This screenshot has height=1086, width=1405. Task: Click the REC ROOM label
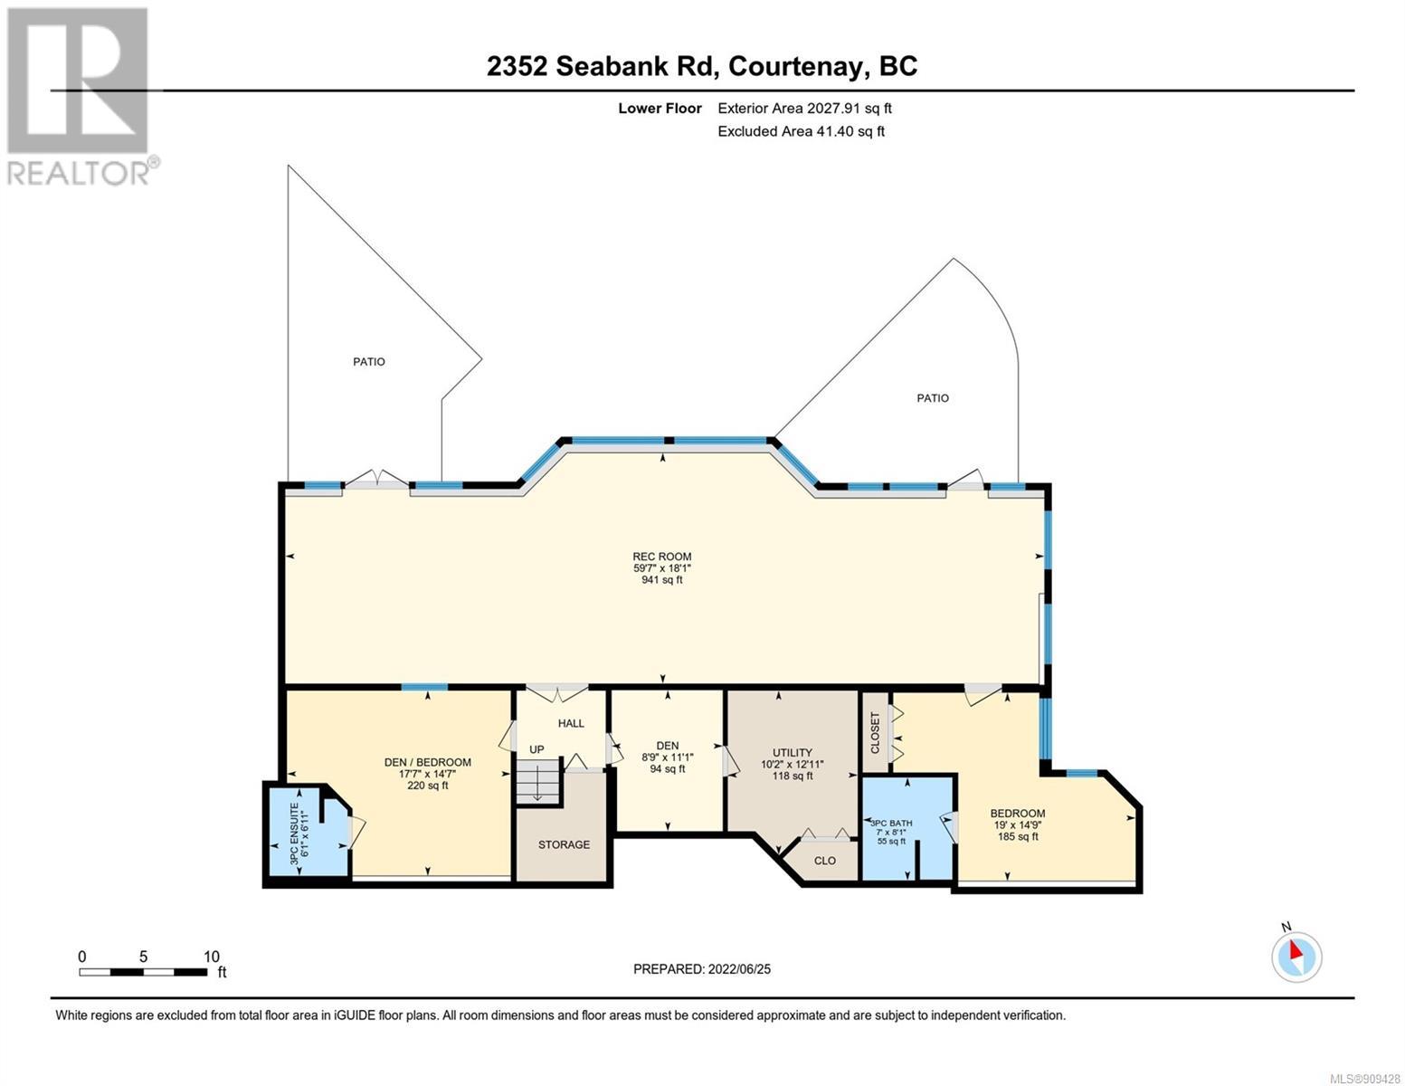pos(661,557)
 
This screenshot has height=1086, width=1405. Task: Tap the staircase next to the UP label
pos(536,781)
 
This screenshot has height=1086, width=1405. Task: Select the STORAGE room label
pos(564,844)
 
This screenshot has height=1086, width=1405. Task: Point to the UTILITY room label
pos(792,752)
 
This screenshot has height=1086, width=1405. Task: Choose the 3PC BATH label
pos(891,824)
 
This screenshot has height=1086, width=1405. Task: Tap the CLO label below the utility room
pos(824,861)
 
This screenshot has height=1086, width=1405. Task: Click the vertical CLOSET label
pos(876,733)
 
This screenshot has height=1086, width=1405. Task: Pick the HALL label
pos(571,723)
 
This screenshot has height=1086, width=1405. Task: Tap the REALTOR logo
pos(81,97)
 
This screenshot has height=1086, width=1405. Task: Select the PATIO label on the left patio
pos(368,362)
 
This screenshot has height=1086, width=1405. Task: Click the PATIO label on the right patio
pos(933,398)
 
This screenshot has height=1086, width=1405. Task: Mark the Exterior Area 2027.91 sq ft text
pos(804,108)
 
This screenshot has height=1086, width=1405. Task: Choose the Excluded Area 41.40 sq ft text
pos(801,131)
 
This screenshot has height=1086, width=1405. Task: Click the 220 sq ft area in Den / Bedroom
pos(427,786)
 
